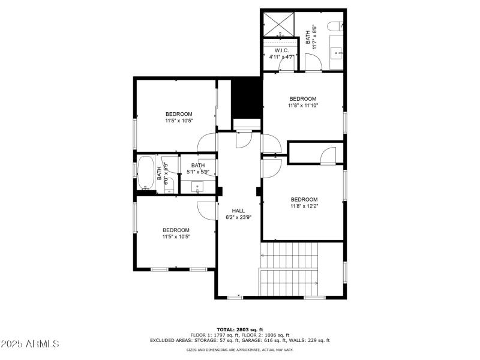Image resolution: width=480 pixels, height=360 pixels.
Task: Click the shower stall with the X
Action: click(278, 23)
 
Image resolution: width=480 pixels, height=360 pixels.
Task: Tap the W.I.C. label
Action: click(282, 50)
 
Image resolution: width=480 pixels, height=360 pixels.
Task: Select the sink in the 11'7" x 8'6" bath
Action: click(336, 53)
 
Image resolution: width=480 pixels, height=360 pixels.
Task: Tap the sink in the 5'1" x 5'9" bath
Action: click(199, 187)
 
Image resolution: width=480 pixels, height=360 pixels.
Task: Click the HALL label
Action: click(238, 211)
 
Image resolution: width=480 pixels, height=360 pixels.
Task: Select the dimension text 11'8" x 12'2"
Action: click(304, 206)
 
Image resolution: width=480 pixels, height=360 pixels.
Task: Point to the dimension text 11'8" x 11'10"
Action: click(302, 106)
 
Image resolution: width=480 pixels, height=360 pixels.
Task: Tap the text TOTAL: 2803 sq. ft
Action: click(239, 329)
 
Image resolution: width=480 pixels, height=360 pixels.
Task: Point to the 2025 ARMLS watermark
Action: click(30, 344)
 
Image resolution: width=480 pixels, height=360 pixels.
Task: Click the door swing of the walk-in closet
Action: click(286, 64)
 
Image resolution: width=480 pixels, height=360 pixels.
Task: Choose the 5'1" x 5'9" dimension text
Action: click(198, 172)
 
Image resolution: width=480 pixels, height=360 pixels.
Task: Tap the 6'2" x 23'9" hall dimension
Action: click(238, 217)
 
